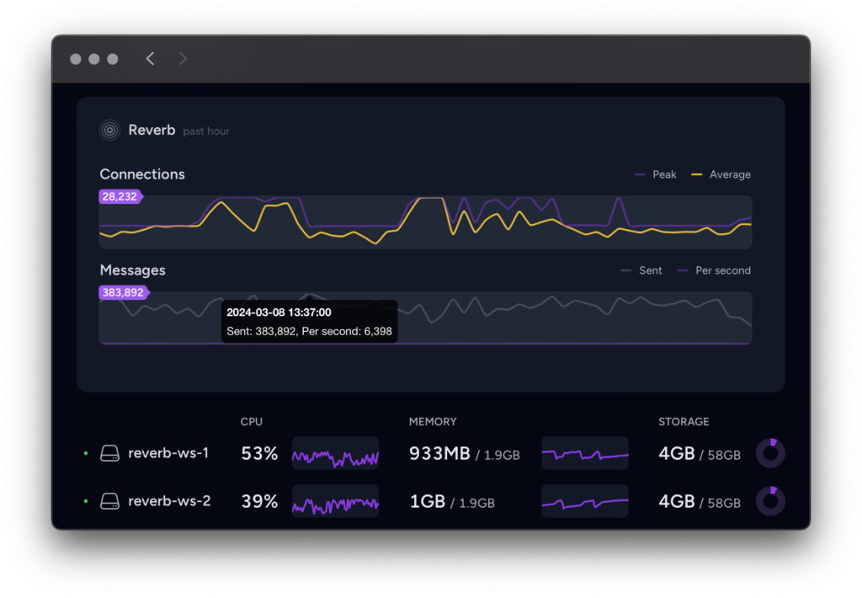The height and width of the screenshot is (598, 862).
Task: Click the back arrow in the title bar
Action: coord(150,59)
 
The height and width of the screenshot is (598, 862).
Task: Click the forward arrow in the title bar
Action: coord(183,59)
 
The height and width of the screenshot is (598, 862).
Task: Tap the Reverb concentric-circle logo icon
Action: coord(110,131)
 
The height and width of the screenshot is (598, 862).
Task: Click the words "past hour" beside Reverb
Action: coord(206,131)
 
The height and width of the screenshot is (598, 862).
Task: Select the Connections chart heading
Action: coord(142,174)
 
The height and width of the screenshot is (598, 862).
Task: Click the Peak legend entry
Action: coord(655,174)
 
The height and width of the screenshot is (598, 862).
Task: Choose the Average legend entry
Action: coord(721,174)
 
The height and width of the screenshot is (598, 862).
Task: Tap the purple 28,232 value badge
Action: coord(120,196)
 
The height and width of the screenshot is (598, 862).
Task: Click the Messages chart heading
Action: coord(132,270)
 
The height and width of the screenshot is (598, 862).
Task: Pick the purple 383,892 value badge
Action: coord(124,292)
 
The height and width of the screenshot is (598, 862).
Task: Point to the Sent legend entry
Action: coord(641,270)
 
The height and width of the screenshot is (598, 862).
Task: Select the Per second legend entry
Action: coord(714,270)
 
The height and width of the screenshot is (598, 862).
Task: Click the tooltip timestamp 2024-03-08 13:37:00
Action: coord(279,312)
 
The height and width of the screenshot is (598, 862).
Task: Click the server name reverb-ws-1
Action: coord(168,453)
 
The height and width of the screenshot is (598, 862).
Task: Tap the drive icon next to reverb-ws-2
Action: coord(110,501)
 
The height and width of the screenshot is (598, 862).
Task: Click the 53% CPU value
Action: coord(259,453)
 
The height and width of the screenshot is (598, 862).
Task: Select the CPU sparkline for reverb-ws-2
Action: coord(335,501)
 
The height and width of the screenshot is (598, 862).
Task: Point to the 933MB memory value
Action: coord(439,453)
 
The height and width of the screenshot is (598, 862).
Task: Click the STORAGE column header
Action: coord(684,422)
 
